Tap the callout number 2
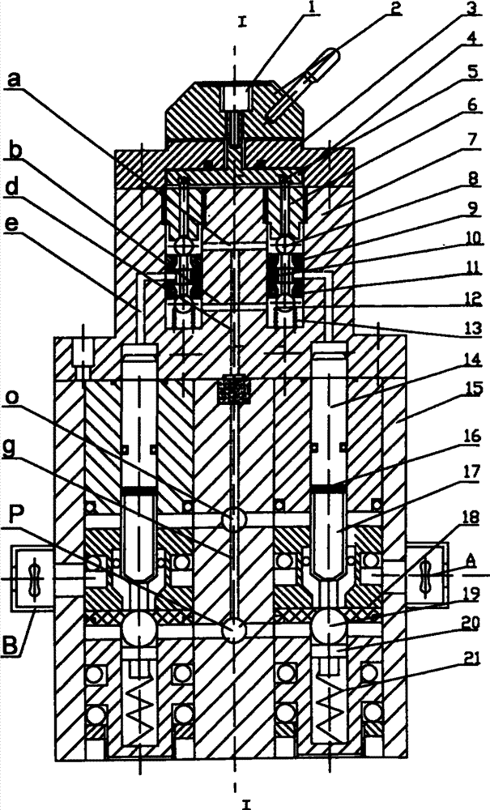point(394,10)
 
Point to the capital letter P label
point(14,524)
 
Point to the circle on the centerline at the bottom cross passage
point(234,629)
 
